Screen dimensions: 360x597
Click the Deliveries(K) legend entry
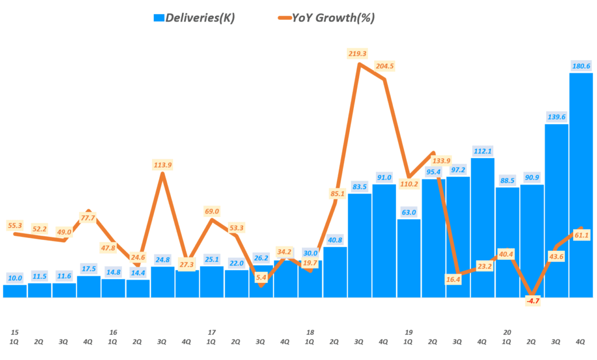(194, 18)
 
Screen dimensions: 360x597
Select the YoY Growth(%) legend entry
(326, 18)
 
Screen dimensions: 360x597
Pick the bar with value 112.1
(482, 228)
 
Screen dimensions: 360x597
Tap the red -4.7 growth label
(531, 301)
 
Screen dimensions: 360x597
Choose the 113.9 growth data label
(163, 165)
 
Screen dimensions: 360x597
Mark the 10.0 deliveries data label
(15, 278)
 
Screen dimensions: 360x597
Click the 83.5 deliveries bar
(360, 245)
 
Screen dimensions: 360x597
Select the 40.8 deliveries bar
(335, 272)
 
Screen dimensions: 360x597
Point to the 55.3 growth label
(15, 225)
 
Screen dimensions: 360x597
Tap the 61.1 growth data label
(581, 235)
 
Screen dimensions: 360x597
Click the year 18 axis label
(310, 332)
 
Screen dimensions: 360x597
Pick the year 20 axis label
(507, 332)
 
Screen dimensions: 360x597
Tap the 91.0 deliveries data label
(384, 177)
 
